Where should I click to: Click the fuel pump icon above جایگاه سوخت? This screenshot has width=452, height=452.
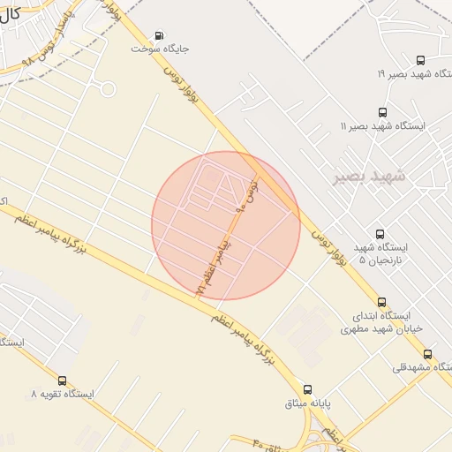tap(158, 36)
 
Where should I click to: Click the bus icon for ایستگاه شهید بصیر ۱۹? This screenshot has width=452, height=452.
tap(419, 61)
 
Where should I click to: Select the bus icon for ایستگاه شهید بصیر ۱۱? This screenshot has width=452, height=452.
tap(381, 112)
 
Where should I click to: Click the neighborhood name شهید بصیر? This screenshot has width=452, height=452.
tap(369, 177)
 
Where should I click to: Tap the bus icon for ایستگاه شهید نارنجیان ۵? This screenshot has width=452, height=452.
tap(380, 234)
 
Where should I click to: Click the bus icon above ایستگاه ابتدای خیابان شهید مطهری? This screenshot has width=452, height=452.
tap(381, 301)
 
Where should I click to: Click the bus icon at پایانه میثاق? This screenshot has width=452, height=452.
tap(307, 389)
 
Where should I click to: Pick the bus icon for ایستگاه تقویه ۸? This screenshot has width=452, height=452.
tap(61, 380)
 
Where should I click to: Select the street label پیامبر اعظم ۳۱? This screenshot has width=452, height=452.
tap(213, 263)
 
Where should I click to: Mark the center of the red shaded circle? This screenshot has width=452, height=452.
tap(226, 225)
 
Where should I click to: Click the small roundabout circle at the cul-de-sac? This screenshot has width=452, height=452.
tap(108, 88)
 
